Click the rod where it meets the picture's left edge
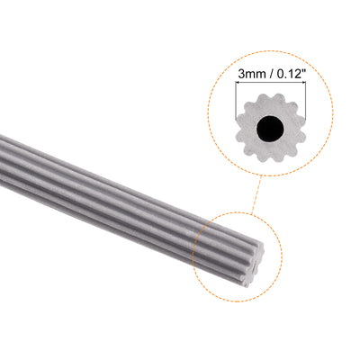(x=3, y=149)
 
